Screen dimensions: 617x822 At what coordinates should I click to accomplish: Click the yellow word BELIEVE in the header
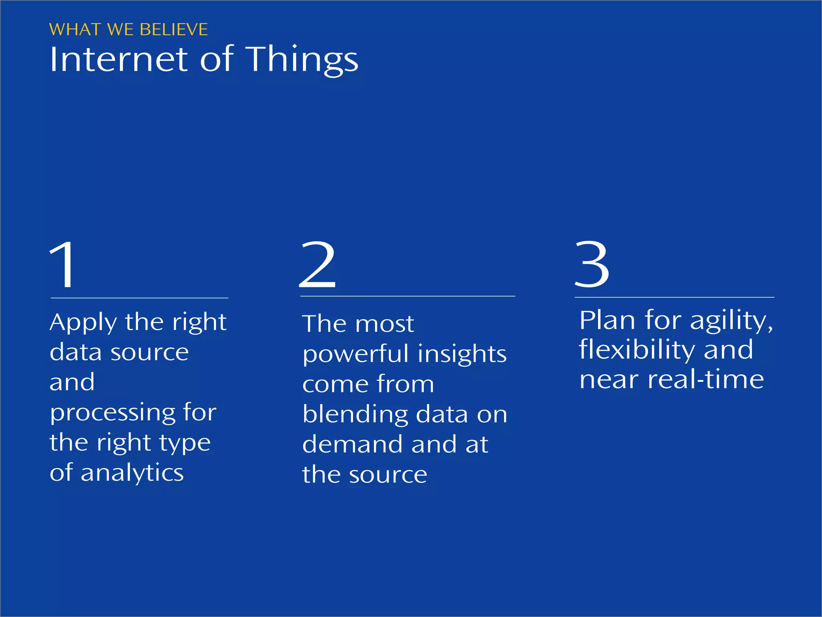point(174,30)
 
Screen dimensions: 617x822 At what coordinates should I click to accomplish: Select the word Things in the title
point(302,60)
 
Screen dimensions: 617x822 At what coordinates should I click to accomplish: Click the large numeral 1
point(63,265)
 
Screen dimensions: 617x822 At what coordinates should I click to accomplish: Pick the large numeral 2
point(317,265)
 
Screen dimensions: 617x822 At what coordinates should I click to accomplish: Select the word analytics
point(132,472)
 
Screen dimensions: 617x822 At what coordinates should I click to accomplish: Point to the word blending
point(355,415)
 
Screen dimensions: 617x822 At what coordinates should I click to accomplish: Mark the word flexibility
point(637,349)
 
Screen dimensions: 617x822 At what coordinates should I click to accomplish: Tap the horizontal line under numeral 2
point(407,296)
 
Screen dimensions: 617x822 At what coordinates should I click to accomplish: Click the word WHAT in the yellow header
point(75,30)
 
